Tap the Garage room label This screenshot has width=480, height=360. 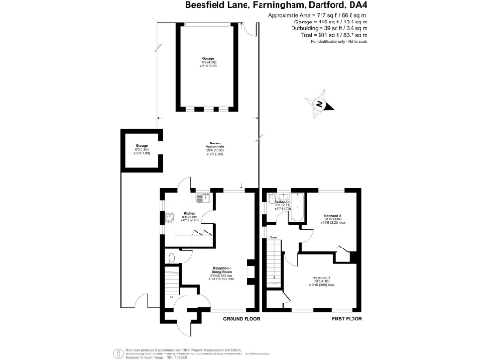coord(207,59)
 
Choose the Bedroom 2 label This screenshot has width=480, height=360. coord(333,216)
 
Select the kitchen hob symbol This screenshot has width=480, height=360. coord(198,198)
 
